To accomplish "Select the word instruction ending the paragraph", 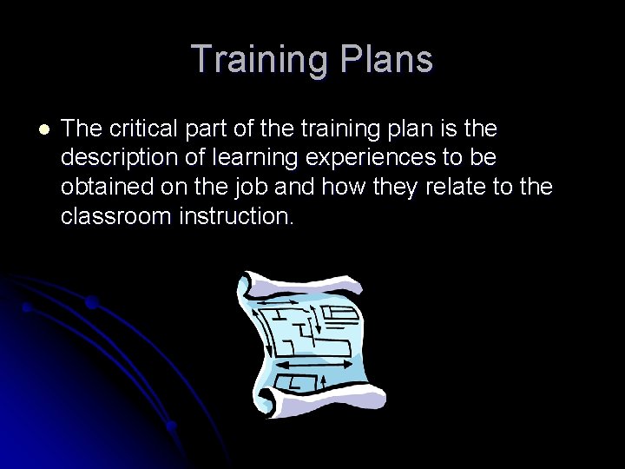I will click(236, 215).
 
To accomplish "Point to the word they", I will click(394, 187).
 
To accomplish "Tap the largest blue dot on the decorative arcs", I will click(91, 303).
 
